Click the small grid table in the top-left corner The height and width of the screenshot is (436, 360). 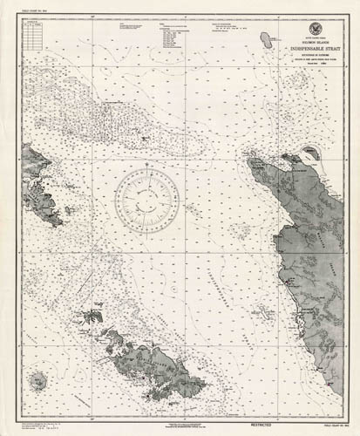[x=31, y=32]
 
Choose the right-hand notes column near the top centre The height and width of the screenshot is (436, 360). [x=178, y=39]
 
